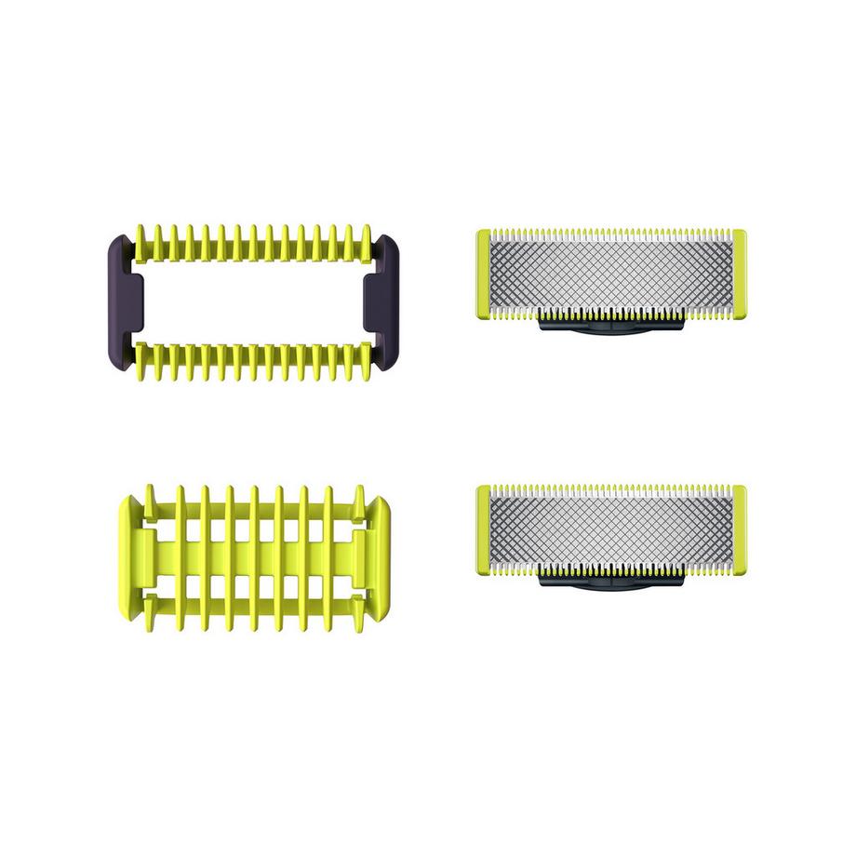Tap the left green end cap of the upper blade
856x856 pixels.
(x=484, y=274)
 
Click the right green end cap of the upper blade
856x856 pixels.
(x=739, y=274)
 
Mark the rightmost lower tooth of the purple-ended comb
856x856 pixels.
(x=362, y=361)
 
